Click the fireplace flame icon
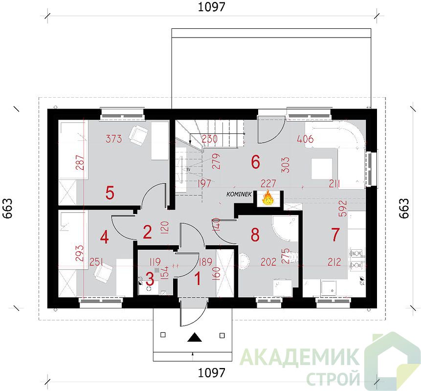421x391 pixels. [267, 198]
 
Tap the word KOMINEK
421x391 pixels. [239, 194]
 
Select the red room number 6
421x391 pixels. [255, 162]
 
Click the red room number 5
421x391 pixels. [110, 193]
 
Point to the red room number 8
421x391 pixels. [255, 234]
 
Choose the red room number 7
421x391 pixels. [335, 234]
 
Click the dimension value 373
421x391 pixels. [113, 138]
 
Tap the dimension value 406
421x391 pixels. [306, 139]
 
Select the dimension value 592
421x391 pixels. [343, 209]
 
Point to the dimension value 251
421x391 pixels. [96, 261]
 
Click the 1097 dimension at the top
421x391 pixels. [211, 7]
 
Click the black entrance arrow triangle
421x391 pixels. [195, 337]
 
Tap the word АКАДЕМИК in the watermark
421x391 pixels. [299, 357]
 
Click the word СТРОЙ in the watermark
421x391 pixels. [333, 378]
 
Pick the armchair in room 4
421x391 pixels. [103, 272]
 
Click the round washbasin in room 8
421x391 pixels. [244, 261]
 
